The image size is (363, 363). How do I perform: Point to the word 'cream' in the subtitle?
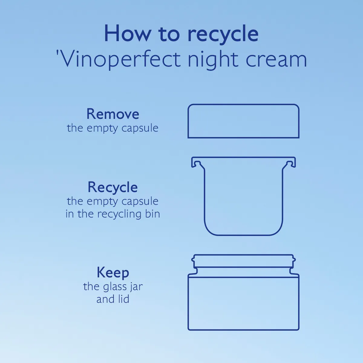pos(276,60)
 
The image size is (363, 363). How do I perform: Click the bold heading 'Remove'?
pos(113,114)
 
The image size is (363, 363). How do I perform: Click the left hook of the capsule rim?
pos(195,162)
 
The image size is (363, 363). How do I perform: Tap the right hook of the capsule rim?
pos(291,162)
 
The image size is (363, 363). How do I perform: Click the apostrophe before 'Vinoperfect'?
pos(57,53)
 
